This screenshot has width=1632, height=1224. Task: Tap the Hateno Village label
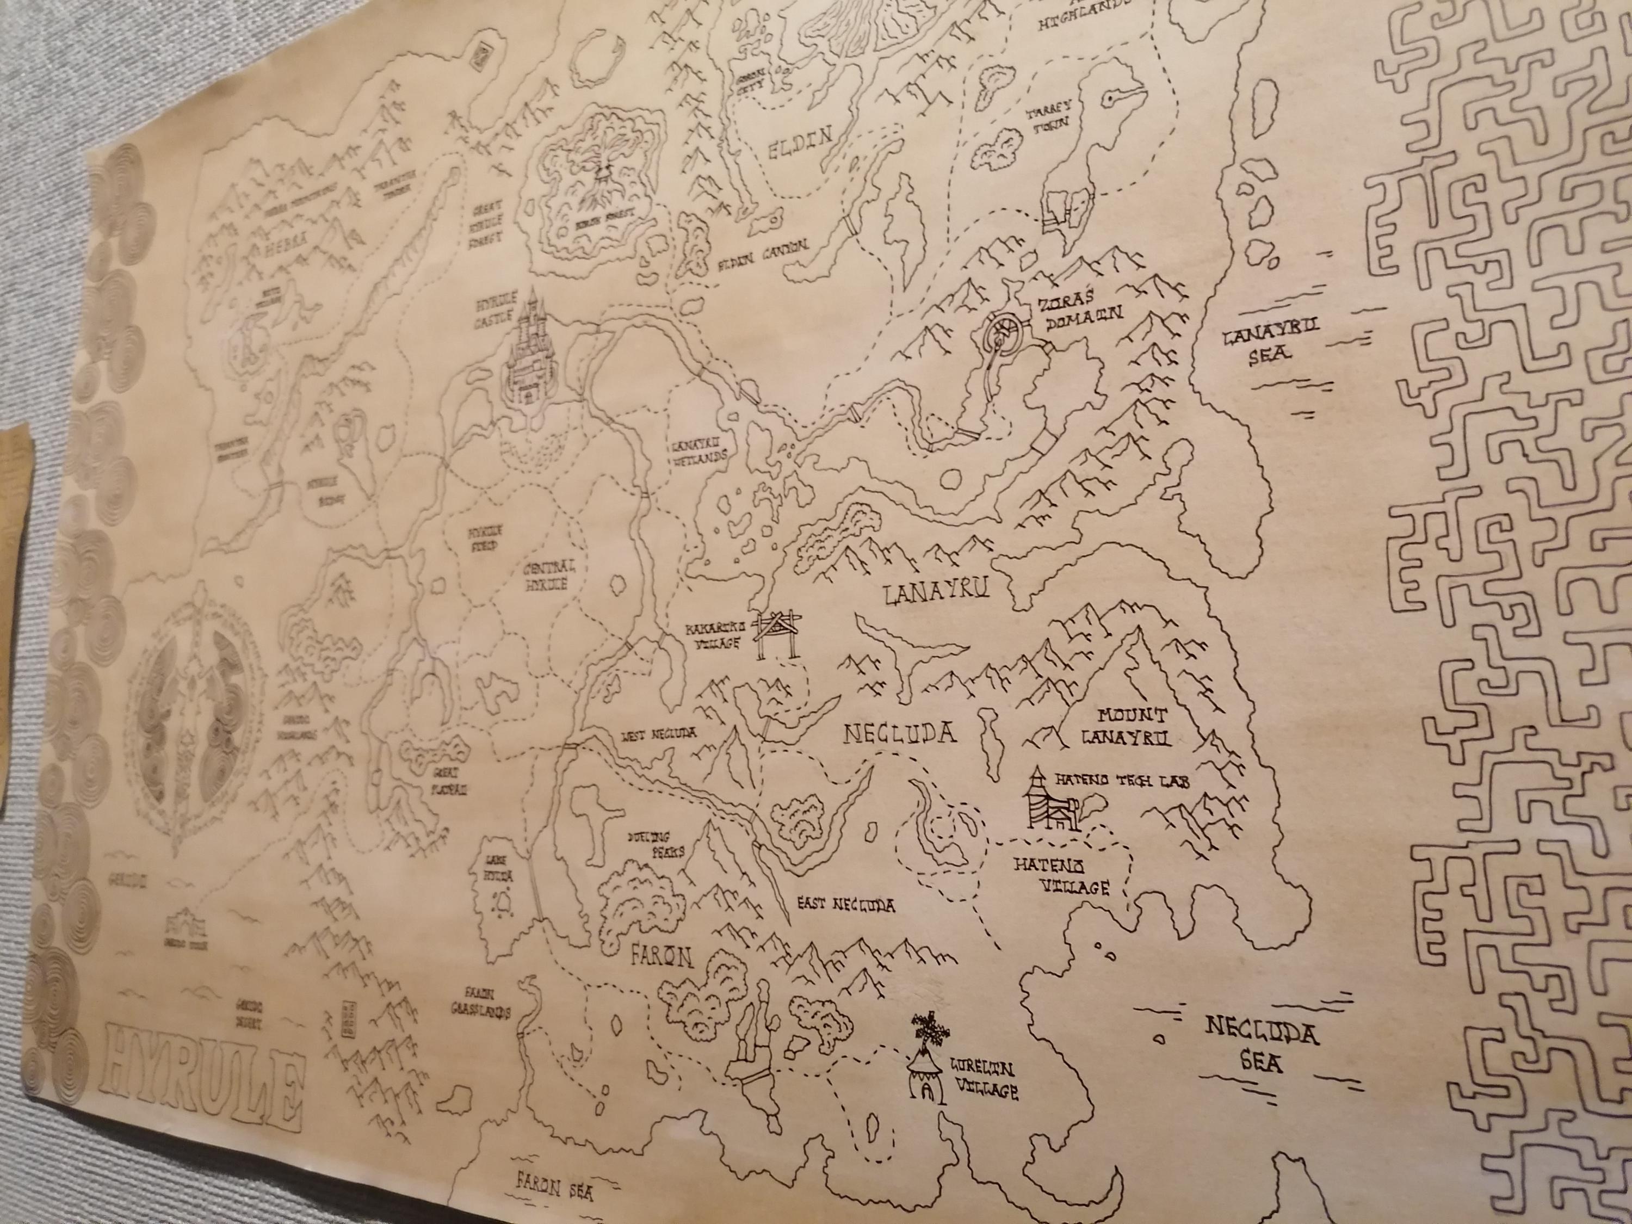coord(1063,875)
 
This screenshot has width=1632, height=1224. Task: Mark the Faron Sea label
coord(555,1188)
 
